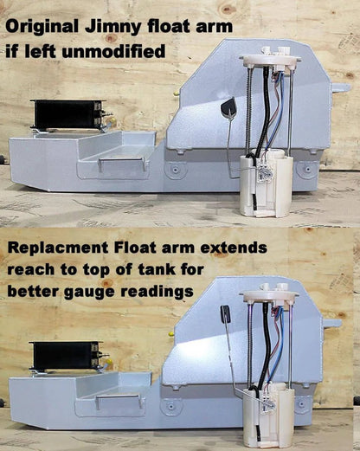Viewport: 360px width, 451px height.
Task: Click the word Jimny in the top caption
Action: point(113,27)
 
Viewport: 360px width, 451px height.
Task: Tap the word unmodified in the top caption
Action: point(114,51)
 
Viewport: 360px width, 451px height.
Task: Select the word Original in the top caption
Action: point(42,26)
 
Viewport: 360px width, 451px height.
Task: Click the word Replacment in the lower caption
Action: point(58,248)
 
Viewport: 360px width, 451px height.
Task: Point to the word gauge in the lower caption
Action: point(89,292)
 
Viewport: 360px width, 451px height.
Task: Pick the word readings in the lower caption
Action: point(157,292)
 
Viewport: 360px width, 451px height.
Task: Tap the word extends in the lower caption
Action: point(234,247)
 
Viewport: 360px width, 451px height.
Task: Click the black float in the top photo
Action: point(228,106)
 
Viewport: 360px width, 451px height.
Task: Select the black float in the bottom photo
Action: point(225,312)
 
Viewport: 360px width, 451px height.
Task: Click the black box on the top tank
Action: point(67,114)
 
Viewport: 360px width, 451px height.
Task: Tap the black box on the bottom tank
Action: point(67,356)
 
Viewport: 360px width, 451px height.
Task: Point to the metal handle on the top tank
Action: point(122,164)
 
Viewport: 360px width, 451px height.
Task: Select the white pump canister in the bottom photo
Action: point(268,416)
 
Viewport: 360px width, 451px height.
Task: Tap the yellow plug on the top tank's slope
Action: point(175,93)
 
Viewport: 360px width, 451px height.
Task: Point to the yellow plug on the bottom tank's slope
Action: point(171,334)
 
